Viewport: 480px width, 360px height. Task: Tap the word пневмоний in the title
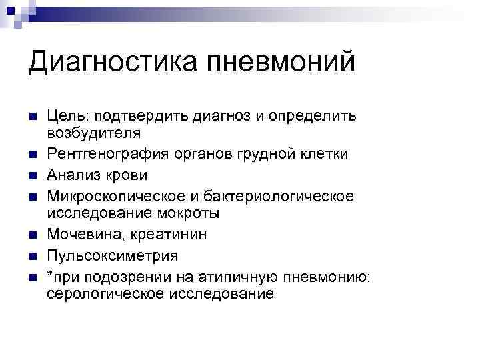[281, 63]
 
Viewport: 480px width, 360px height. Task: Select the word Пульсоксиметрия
[112, 256]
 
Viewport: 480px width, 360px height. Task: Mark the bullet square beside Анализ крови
[33, 176]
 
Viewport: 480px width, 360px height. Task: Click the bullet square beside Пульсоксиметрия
[33, 257]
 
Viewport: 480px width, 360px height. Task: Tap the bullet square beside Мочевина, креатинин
[33, 236]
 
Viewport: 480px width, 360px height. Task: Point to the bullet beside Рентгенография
[33, 155]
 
